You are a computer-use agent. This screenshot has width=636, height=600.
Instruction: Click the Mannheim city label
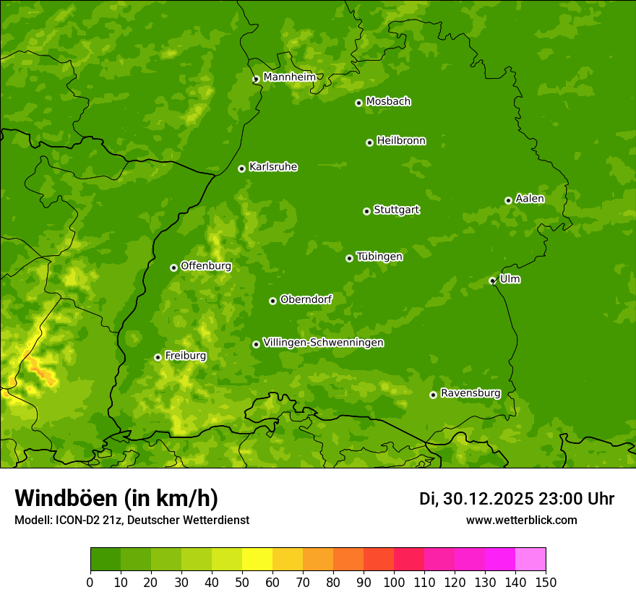(289, 77)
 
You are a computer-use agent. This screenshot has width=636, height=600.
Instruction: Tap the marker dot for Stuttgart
(366, 211)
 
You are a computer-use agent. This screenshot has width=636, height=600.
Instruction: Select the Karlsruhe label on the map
(273, 167)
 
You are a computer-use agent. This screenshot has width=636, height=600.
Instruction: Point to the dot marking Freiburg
(158, 357)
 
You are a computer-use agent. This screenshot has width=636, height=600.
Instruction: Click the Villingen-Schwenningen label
(324, 343)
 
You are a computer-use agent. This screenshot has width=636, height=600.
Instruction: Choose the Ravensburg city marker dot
(433, 395)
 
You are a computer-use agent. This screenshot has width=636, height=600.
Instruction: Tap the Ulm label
(510, 279)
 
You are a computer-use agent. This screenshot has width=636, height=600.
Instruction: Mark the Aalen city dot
(508, 200)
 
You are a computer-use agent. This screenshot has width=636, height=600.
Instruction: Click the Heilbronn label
(401, 141)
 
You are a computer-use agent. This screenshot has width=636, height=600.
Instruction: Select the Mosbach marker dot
(358, 103)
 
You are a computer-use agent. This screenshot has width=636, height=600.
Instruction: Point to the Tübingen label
(379, 257)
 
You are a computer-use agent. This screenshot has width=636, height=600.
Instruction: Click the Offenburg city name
(206, 266)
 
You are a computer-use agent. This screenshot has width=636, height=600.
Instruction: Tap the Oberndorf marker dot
(272, 301)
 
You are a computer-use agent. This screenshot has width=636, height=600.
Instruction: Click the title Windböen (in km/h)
(116, 498)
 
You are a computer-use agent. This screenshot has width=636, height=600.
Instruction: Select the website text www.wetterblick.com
(521, 520)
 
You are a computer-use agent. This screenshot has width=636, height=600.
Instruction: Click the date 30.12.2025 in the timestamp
(489, 499)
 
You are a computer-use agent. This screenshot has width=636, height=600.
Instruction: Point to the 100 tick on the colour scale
(394, 582)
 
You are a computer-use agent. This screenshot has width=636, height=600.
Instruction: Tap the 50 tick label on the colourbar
(242, 582)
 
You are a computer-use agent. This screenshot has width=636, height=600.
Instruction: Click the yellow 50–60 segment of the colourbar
(257, 560)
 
